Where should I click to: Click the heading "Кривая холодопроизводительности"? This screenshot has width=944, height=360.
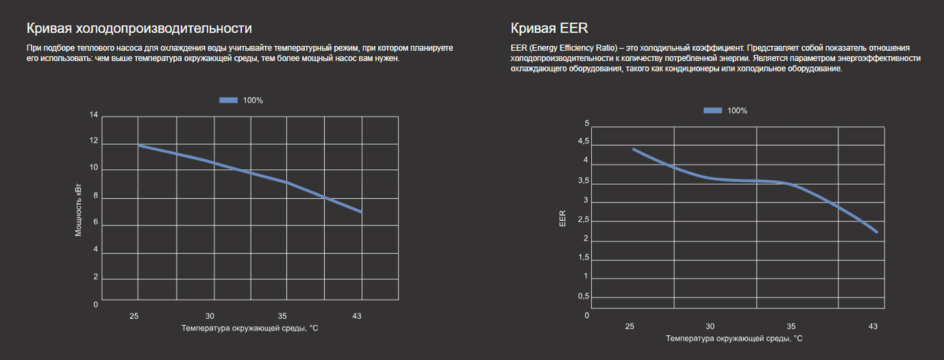tap(139, 29)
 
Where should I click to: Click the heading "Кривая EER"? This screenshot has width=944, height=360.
tap(549, 29)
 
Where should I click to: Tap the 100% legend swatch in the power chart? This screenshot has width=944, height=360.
tap(228, 100)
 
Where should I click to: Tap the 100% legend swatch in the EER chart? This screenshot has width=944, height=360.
tap(713, 111)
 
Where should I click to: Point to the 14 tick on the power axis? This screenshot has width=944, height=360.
tap(94, 115)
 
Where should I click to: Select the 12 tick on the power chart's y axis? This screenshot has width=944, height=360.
tap(94, 141)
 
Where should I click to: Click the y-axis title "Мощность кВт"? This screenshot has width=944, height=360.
tap(79, 210)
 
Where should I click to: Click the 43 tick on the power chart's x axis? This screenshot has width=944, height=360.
tap(357, 316)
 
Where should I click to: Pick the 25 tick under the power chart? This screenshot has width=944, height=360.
tap(134, 316)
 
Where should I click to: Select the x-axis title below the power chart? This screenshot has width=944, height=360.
tap(250, 328)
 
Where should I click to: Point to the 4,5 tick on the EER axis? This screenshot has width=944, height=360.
tap(582, 142)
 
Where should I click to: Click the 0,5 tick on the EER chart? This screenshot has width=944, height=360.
tap(582, 296)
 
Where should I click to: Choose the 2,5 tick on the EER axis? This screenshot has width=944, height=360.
tap(582, 220)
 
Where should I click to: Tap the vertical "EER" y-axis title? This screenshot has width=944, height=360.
tap(562, 218)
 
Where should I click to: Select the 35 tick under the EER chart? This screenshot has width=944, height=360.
tap(791, 326)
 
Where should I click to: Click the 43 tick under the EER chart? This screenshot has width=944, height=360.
tap(873, 326)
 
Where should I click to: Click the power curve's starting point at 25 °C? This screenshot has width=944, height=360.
tap(139, 145)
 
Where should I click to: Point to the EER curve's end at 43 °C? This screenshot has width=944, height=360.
tap(876, 232)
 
